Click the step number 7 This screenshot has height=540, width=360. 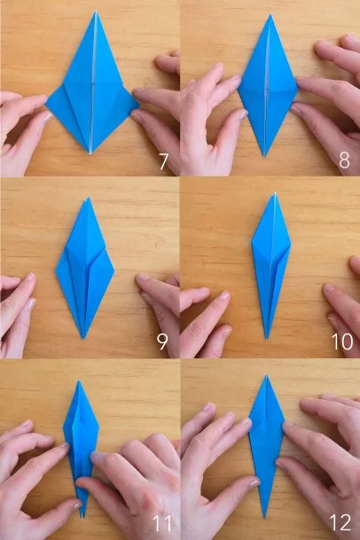point(163,161)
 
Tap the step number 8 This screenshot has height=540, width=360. point(344,160)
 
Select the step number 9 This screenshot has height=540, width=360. point(162,341)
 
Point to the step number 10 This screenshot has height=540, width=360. point(342,341)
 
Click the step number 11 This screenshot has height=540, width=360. point(162,523)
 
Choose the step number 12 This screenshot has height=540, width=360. point(340,522)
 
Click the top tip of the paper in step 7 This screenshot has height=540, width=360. point(96,11)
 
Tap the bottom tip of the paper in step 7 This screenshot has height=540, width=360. point(90,154)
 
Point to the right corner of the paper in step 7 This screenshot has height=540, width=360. point(138,104)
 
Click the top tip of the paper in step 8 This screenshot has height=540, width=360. point(270,15)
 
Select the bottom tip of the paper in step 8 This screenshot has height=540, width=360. point(265,157)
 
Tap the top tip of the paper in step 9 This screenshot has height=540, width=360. point(88,198)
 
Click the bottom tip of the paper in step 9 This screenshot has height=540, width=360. point(83,339)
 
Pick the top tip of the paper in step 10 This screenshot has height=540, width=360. point(275,193)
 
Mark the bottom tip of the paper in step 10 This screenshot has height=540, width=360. point(267,340)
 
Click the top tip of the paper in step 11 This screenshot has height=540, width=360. point(79,381)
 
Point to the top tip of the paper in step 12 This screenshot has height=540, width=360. point(266,376)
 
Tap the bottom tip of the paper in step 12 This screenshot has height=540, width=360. point(264,517)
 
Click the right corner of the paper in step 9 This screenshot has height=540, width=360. point(114,270)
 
